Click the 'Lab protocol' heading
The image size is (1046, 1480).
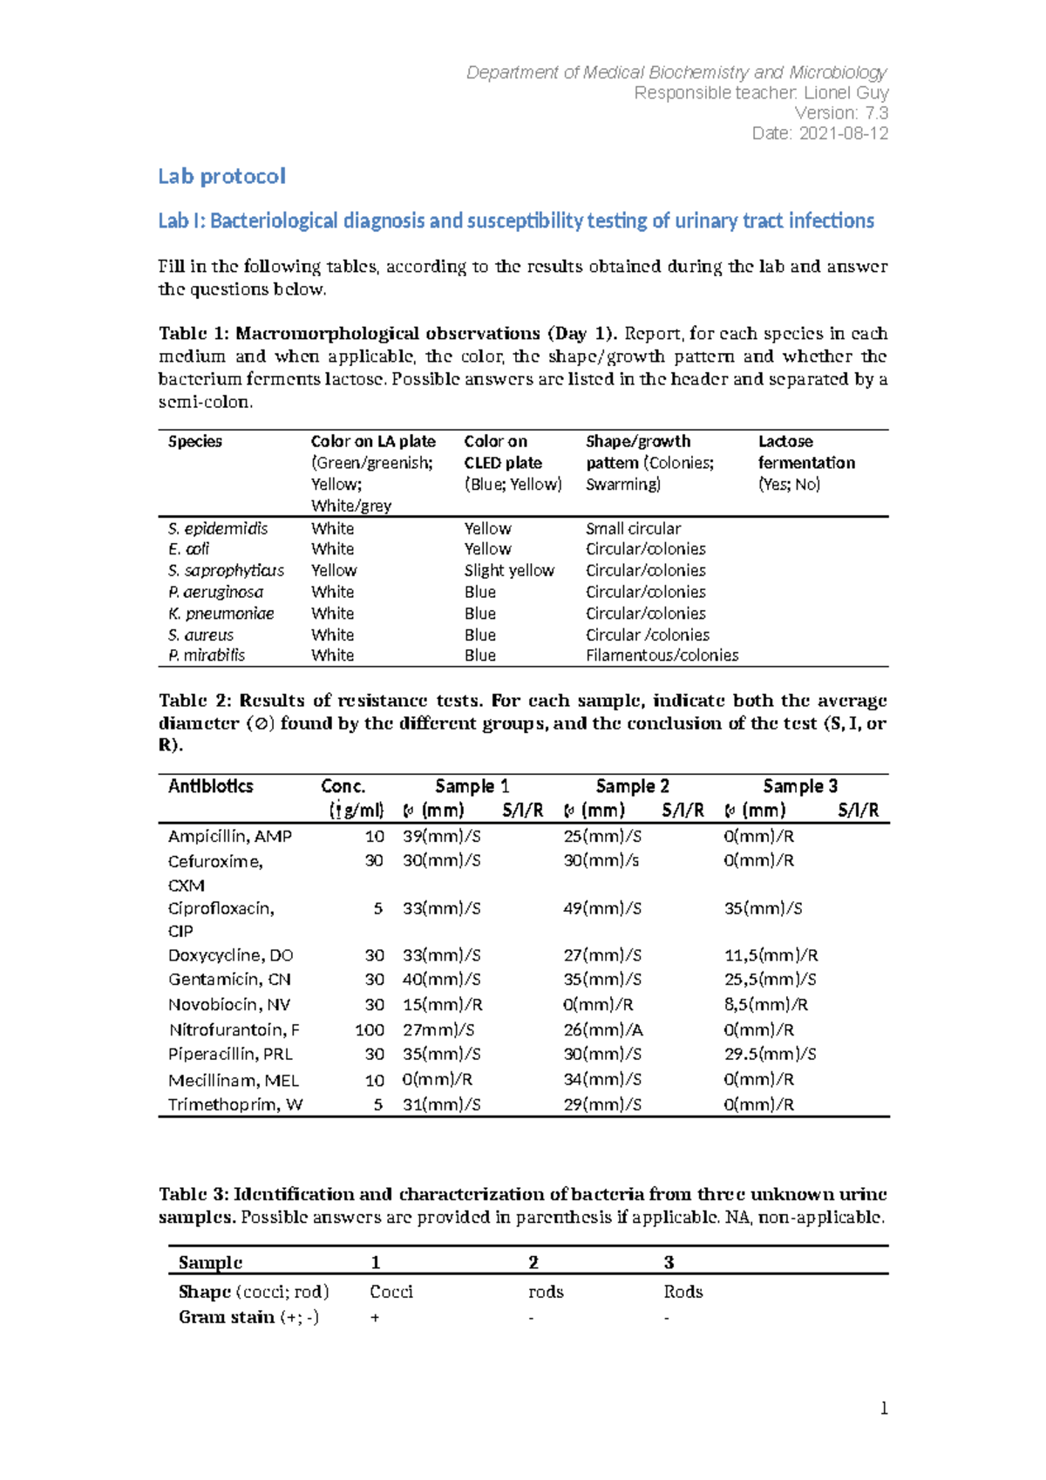pyautogui.click(x=221, y=176)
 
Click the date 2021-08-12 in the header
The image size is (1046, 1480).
pyautogui.click(x=843, y=133)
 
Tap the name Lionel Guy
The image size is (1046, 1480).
pyautogui.click(x=846, y=92)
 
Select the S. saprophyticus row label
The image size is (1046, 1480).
pyautogui.click(x=226, y=570)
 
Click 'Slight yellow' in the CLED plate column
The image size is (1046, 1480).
pyautogui.click(x=509, y=570)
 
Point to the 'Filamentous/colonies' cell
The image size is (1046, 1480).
pyautogui.click(x=662, y=655)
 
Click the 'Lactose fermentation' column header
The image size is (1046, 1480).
pyautogui.click(x=805, y=452)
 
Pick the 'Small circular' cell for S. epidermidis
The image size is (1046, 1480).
pyautogui.click(x=633, y=528)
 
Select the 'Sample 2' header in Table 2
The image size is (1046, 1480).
pyautogui.click(x=632, y=786)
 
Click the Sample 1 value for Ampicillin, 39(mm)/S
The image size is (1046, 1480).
pyautogui.click(x=441, y=836)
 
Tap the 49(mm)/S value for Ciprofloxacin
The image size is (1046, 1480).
pyautogui.click(x=601, y=908)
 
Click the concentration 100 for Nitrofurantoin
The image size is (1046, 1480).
pyautogui.click(x=370, y=1029)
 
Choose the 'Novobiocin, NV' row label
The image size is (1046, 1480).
pyautogui.click(x=229, y=1004)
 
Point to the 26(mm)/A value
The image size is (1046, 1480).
pyautogui.click(x=602, y=1029)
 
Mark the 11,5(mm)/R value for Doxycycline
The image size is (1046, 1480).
pyautogui.click(x=771, y=955)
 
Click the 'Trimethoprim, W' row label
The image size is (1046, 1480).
pyautogui.click(x=235, y=1104)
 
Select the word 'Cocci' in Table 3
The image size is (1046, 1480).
pyautogui.click(x=391, y=1292)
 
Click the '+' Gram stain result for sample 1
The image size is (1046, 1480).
pyautogui.click(x=375, y=1318)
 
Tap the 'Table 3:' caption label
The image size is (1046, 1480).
pyautogui.click(x=194, y=1194)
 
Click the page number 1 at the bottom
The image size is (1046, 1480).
pyautogui.click(x=884, y=1409)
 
